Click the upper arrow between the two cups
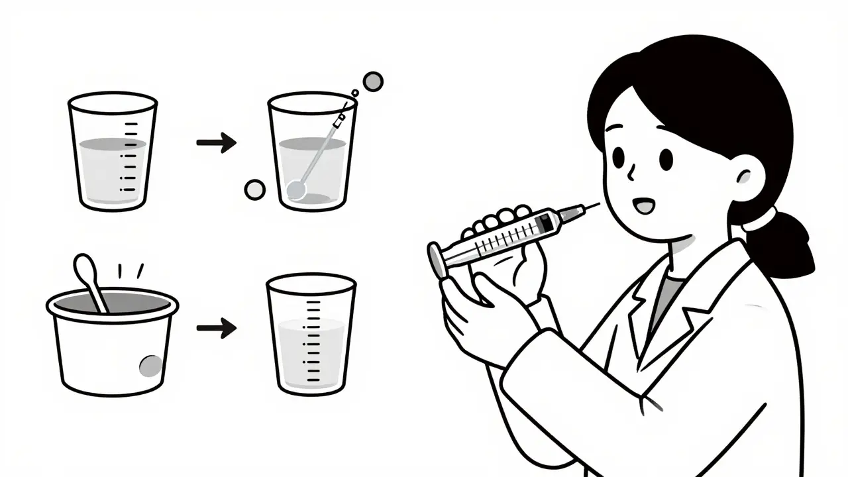pyautogui.click(x=217, y=142)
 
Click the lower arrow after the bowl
pyautogui.click(x=217, y=328)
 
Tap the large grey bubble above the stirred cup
pyautogui.click(x=373, y=81)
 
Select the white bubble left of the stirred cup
pyautogui.click(x=254, y=189)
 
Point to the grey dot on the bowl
pyautogui.click(x=150, y=365)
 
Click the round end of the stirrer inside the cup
pyautogui.click(x=297, y=190)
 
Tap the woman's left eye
pyautogui.click(x=619, y=158)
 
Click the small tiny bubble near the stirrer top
pyautogui.click(x=354, y=94)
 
